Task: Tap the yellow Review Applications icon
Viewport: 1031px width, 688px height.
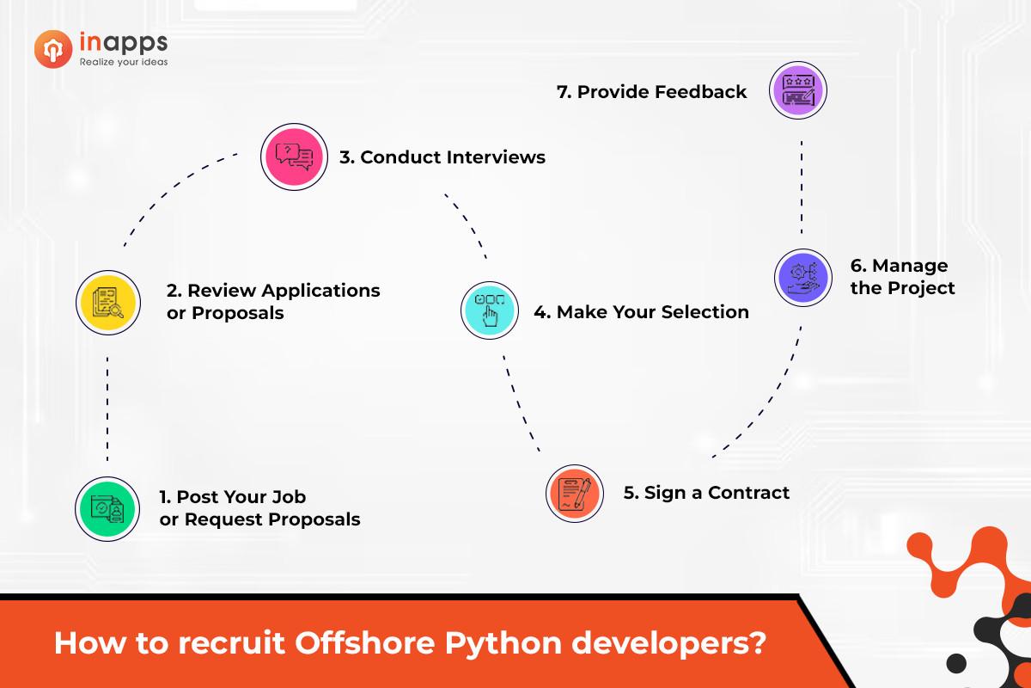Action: point(107,302)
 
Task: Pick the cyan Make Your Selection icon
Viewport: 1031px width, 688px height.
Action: point(490,310)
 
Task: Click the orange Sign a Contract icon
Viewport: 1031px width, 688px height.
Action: point(575,493)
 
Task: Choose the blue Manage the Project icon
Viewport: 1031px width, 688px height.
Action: point(802,277)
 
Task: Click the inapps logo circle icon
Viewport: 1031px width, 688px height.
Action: point(52,48)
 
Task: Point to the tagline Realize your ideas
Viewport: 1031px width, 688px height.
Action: point(123,62)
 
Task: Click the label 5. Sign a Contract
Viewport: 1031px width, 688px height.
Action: point(706,493)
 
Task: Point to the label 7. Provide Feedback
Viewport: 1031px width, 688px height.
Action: point(651,92)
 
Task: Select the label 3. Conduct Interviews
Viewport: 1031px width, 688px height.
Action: point(442,157)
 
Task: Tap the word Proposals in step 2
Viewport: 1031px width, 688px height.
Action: point(237,313)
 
